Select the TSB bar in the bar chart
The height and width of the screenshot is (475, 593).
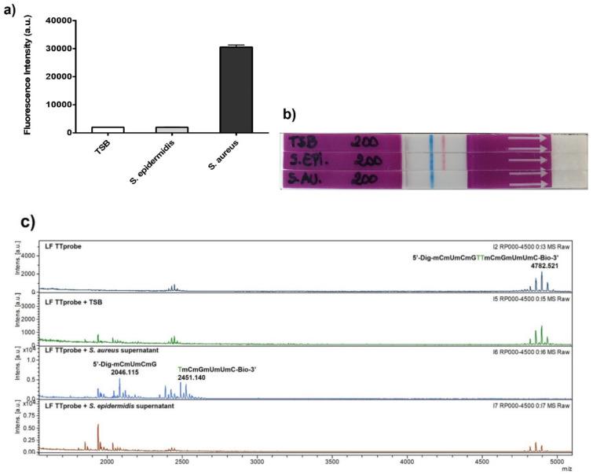tap(108, 130)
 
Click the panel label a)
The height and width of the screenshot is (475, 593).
tap(10, 10)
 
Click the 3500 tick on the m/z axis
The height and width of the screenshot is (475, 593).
tap(331, 463)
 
